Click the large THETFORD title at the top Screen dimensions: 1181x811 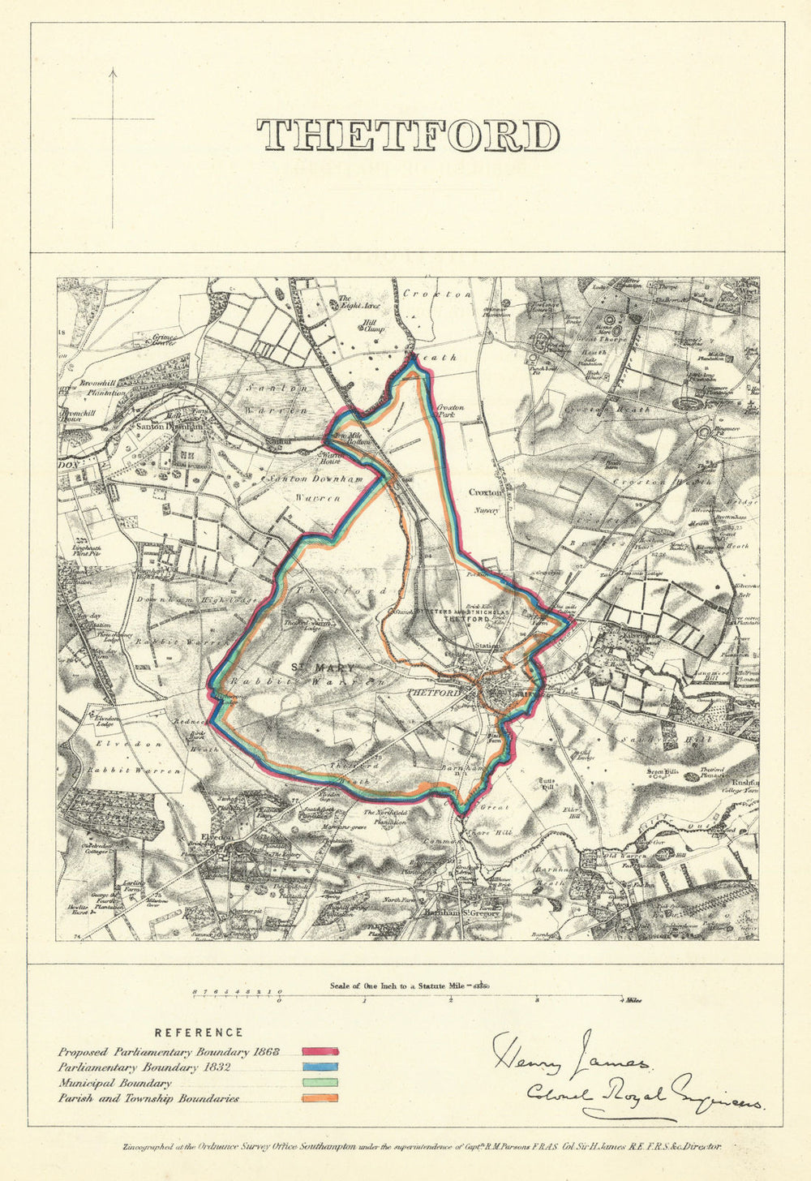[x=408, y=135]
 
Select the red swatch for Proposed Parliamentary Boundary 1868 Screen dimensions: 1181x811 [x=320, y=1052]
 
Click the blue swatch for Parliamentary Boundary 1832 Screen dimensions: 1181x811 [x=320, y=1067]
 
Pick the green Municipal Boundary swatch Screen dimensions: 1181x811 [x=320, y=1083]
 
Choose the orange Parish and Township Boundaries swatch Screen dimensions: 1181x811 [x=320, y=1098]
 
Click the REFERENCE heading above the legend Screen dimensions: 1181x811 [x=199, y=1033]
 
